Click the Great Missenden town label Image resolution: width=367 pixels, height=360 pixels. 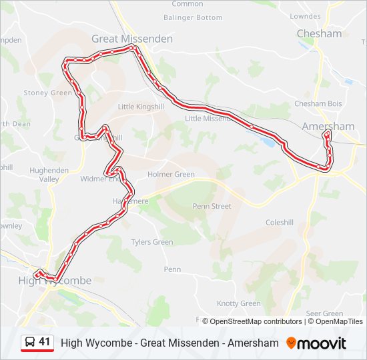click(x=123, y=39)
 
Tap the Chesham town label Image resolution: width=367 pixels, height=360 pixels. click(x=319, y=33)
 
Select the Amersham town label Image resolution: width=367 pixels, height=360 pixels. click(x=328, y=126)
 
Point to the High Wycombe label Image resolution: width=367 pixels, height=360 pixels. click(x=55, y=281)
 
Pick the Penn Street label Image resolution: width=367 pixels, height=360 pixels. click(x=212, y=207)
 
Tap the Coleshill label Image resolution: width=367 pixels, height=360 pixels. click(x=279, y=223)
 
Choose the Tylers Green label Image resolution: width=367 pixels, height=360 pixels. click(x=151, y=242)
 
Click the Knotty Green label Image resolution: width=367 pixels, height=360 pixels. click(x=239, y=303)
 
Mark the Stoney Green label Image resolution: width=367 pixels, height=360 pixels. click(x=47, y=93)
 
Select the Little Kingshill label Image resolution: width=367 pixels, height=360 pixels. click(x=140, y=107)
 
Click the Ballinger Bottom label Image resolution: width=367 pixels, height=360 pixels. click(x=193, y=17)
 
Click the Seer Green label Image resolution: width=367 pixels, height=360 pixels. click(x=324, y=313)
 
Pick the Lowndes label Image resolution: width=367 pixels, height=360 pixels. click(x=306, y=16)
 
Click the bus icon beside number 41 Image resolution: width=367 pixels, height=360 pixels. click(x=29, y=343)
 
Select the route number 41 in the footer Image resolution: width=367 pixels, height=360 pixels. click(x=45, y=342)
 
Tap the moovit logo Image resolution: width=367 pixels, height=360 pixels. click(x=316, y=343)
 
